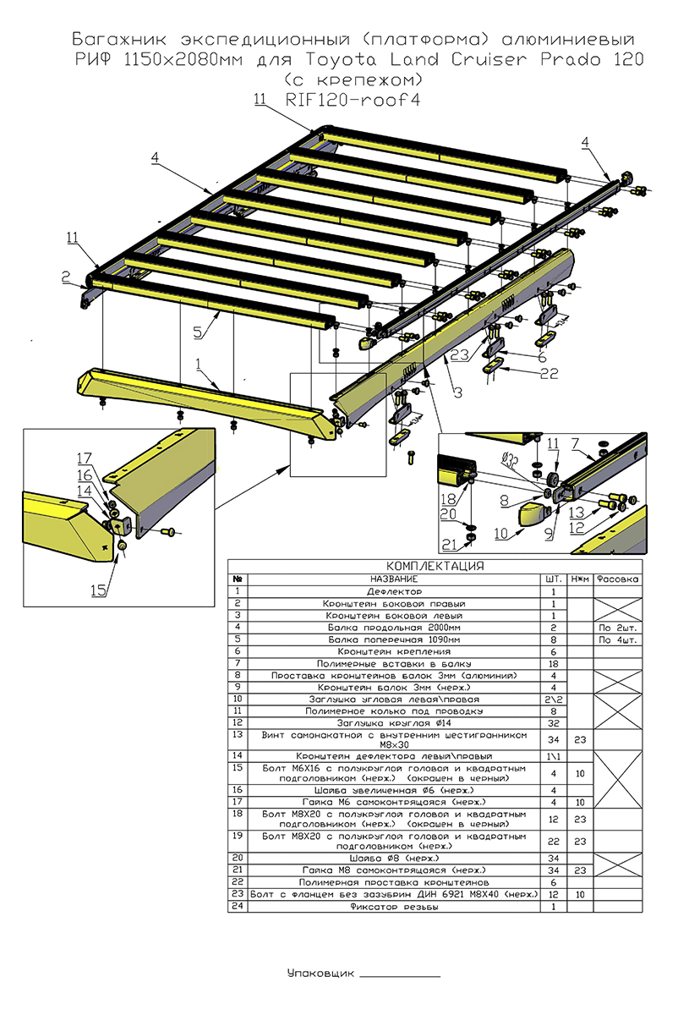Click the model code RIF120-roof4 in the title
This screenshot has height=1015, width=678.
pos(354,100)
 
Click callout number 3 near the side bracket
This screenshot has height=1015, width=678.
pos(456,391)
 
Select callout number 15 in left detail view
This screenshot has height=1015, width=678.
pos(100,590)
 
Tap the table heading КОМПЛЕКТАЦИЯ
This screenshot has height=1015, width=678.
pos(435,566)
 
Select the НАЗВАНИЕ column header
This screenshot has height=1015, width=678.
pos(395,579)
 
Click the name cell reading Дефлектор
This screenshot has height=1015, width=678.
pos(395,591)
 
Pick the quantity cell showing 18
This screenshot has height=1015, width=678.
pos(554,664)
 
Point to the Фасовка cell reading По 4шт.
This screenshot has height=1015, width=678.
pos(616,639)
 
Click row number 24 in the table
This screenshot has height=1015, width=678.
pos(238,906)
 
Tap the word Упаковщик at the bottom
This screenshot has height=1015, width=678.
pos(319,974)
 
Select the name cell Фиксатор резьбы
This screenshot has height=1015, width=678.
pos(395,906)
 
